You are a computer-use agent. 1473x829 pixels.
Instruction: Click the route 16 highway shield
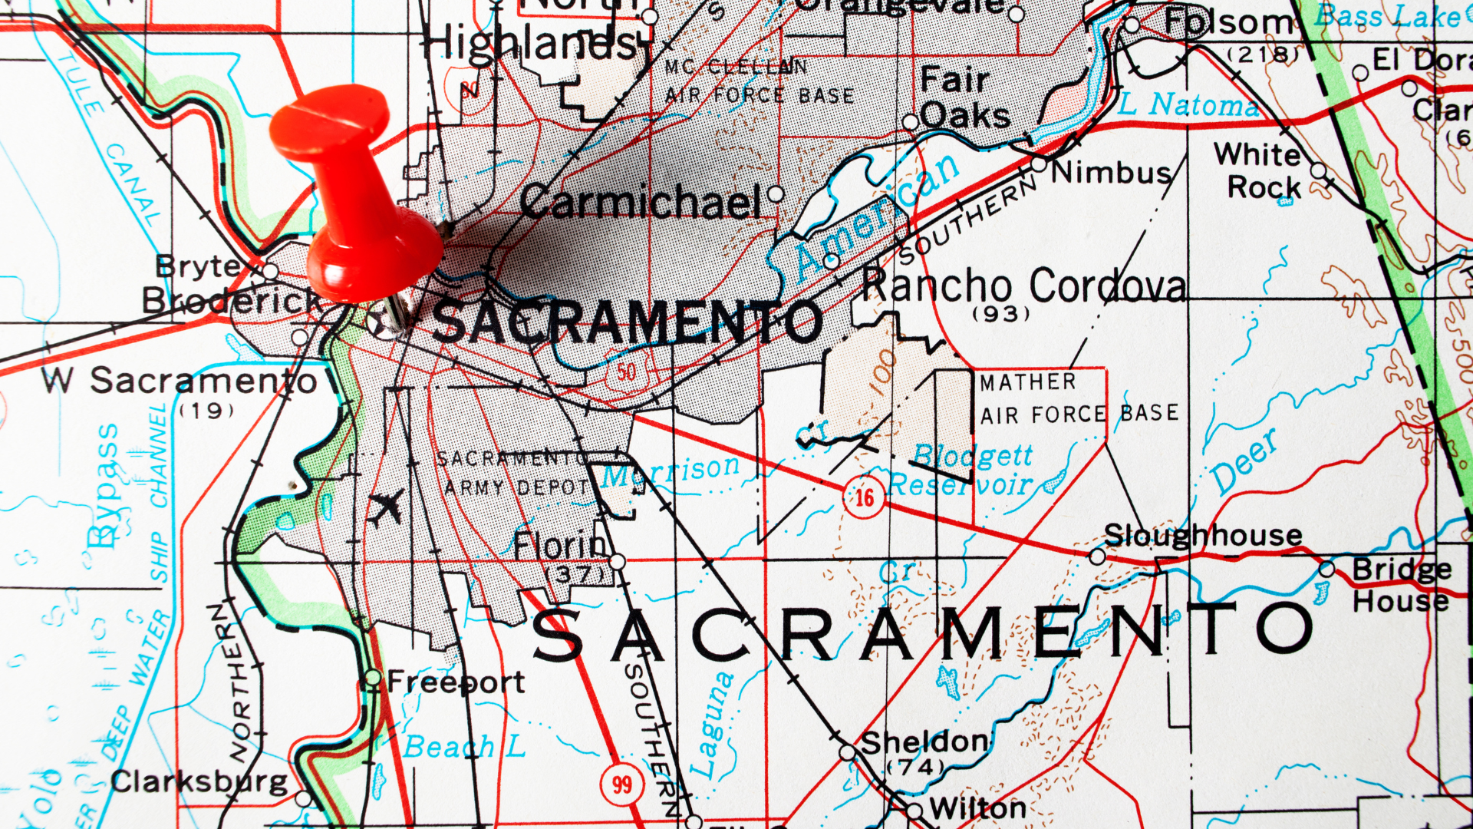(864, 498)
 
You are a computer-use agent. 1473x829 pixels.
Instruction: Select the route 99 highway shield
(621, 784)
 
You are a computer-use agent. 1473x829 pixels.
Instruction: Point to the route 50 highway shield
(626, 372)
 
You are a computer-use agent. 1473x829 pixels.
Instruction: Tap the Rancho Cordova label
(1023, 286)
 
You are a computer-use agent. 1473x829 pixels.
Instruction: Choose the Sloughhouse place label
(1203, 535)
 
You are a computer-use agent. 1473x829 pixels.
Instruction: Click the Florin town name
(559, 547)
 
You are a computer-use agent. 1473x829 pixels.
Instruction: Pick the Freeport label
(456, 682)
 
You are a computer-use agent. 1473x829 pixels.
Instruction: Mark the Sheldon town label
(924, 742)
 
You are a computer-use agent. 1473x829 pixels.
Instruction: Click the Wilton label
(978, 808)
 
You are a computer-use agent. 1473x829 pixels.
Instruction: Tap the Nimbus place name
(1110, 173)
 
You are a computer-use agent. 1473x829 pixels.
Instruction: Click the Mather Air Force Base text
(1078, 399)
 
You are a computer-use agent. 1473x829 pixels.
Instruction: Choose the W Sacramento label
(180, 381)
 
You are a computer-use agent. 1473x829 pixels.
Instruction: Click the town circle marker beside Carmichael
(776, 193)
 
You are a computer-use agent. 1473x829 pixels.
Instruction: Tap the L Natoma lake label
(1188, 104)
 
